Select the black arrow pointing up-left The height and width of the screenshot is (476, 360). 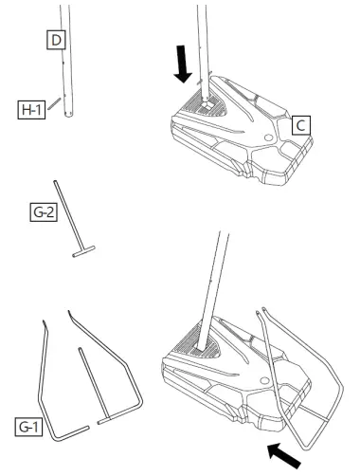tap(287, 452)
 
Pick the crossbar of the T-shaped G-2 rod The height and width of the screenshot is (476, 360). tap(84, 252)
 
